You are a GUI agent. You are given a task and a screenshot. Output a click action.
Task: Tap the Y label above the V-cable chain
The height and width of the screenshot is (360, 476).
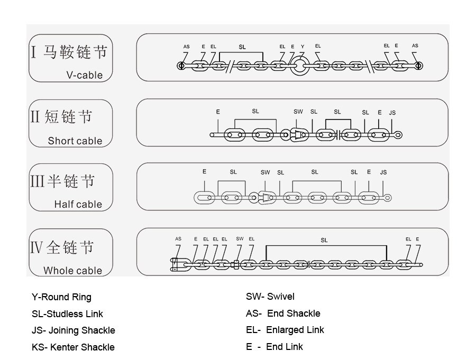tap(303, 47)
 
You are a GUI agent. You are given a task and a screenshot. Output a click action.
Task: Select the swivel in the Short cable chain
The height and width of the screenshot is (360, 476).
tap(299, 135)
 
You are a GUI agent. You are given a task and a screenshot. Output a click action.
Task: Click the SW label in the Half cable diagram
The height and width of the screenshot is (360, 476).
tap(265, 172)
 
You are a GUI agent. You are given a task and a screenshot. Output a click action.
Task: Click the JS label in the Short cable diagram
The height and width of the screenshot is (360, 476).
tap(392, 113)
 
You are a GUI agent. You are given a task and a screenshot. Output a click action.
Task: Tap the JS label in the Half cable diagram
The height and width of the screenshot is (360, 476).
tap(383, 172)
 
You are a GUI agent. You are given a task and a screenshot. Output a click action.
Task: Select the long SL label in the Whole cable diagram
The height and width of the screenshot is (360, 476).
tap(324, 240)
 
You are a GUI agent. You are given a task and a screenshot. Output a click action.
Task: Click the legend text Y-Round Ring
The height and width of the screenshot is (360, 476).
tap(61, 297)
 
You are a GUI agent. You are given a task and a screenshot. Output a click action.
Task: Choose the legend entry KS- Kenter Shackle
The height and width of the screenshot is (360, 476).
tap(73, 347)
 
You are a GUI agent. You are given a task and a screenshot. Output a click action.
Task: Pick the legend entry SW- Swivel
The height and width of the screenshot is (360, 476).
tap(270, 296)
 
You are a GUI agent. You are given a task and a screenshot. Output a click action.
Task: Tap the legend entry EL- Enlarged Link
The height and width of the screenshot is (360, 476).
tap(285, 330)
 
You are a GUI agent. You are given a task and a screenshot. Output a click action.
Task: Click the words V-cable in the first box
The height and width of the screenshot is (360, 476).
tap(85, 75)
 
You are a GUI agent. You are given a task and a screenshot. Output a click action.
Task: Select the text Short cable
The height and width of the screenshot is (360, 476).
tap(75, 141)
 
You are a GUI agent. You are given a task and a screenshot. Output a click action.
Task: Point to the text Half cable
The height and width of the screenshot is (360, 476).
tap(78, 204)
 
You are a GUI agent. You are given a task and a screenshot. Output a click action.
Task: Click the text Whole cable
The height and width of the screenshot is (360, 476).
tap(73, 271)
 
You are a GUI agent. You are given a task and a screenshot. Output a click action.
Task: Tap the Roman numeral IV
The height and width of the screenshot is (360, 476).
tap(36, 247)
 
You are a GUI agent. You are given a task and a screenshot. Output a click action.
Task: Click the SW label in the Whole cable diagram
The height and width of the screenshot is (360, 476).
tap(240, 238)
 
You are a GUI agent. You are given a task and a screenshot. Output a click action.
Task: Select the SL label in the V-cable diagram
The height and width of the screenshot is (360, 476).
tap(242, 47)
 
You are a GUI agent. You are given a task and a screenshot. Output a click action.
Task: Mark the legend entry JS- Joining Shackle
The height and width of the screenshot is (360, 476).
tap(74, 330)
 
